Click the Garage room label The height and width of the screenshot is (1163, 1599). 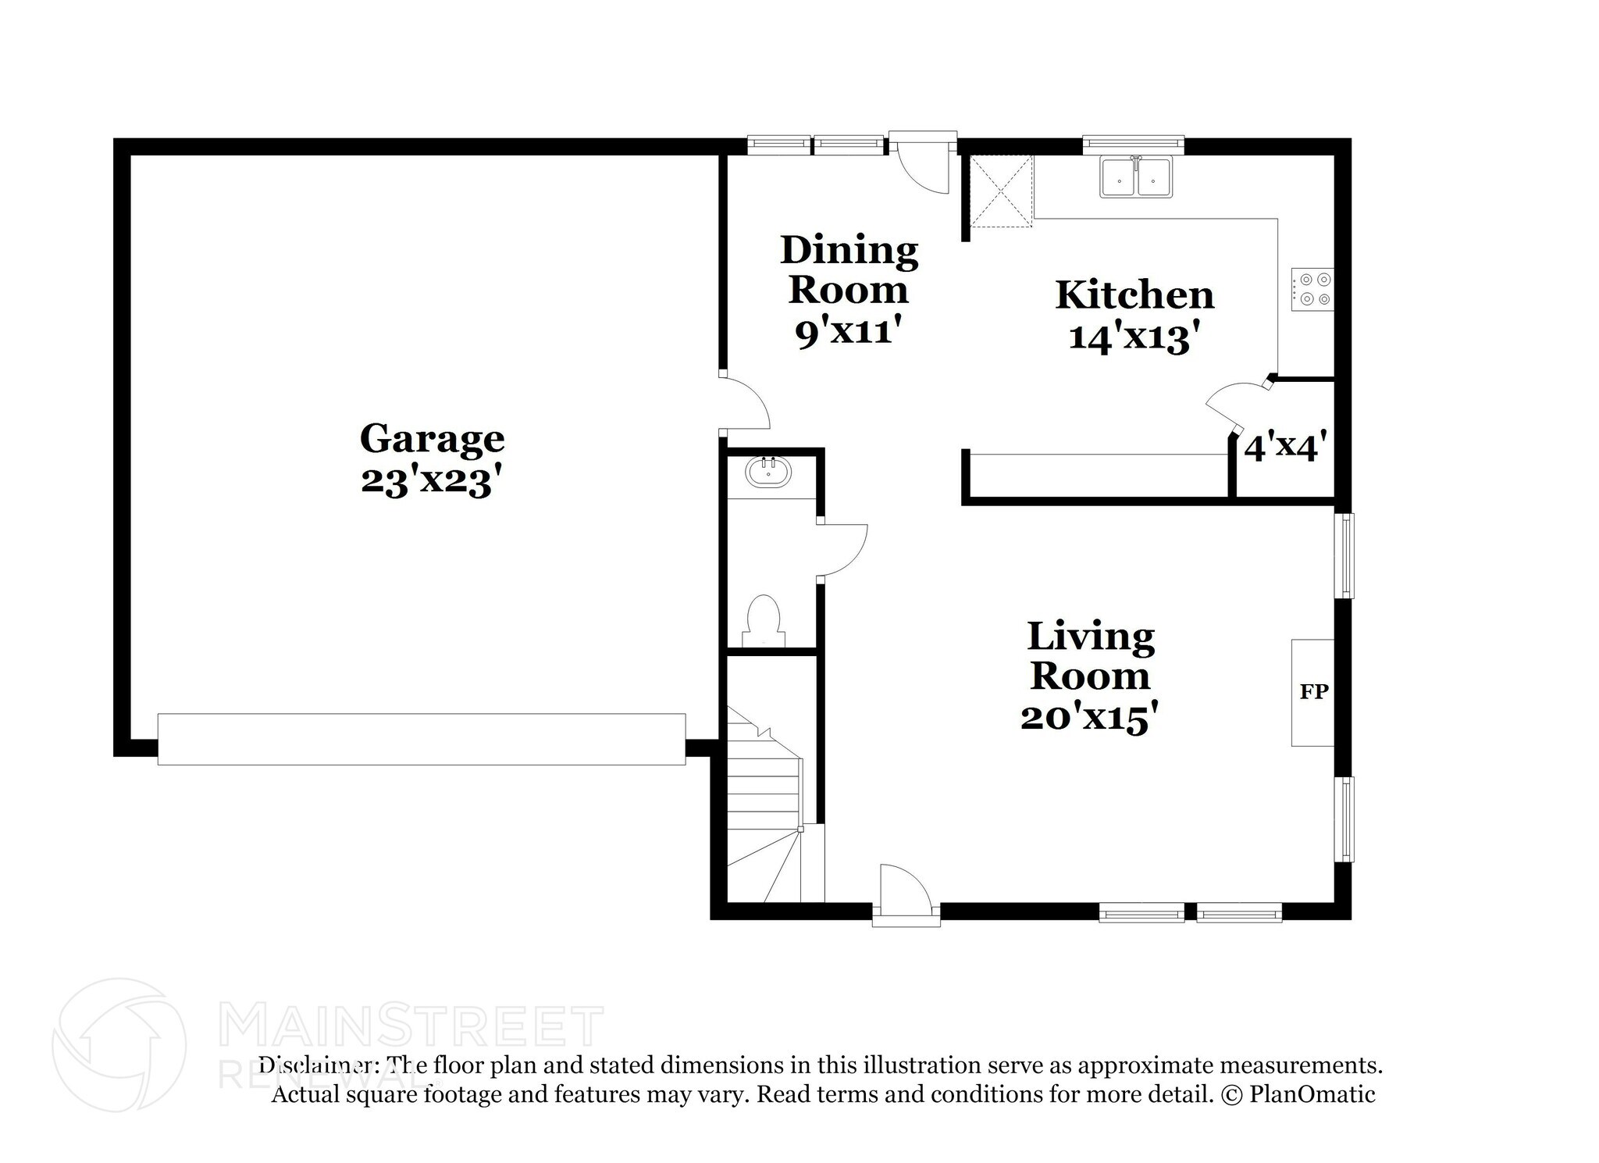[432, 439]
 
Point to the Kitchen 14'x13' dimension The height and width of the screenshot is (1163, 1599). [1134, 338]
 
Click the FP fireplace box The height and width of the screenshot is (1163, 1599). [1313, 692]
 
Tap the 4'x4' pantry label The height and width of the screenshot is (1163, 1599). [1285, 448]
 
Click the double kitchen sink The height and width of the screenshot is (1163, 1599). [1135, 178]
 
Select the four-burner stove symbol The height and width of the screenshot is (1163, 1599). [1312, 289]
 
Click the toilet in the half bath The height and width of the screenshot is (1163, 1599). [764, 621]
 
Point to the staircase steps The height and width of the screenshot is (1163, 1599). [764, 804]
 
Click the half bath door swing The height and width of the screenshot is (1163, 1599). [842, 551]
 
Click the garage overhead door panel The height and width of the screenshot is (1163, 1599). [422, 739]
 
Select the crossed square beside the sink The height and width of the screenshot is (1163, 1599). [1001, 191]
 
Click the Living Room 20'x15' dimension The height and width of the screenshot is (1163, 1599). [1088, 717]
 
